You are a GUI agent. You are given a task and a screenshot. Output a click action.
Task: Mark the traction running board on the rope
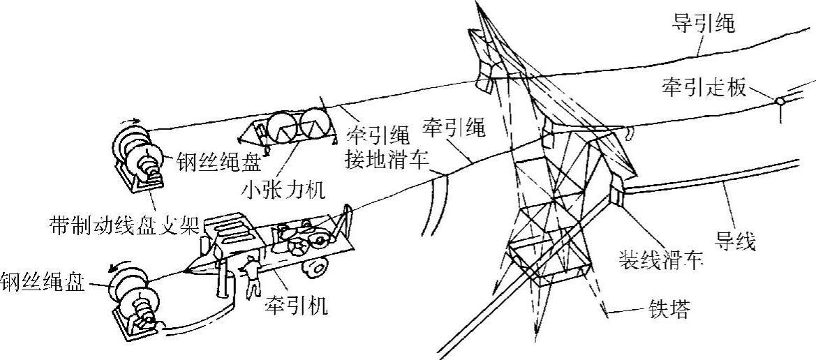(x=780, y=103)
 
